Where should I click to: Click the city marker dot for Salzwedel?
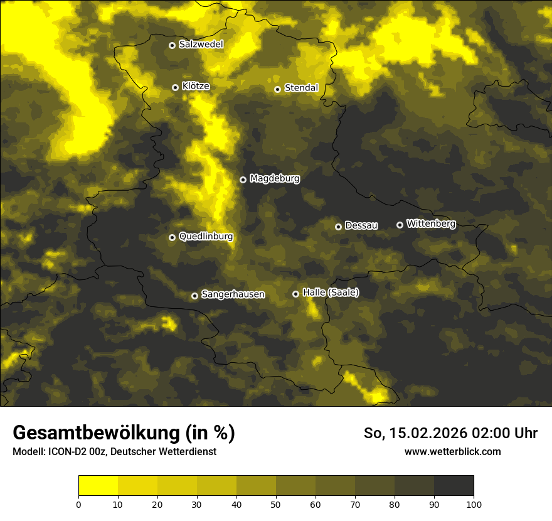(x=172, y=45)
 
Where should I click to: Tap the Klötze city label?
(x=195, y=86)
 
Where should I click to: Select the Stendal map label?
(x=301, y=88)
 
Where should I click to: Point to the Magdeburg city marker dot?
(x=243, y=180)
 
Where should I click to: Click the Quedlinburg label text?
(x=206, y=237)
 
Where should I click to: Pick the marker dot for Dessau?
(x=338, y=227)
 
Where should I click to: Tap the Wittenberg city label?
(x=431, y=223)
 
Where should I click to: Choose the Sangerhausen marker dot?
(x=194, y=296)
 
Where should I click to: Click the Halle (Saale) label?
(x=331, y=293)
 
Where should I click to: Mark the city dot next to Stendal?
(x=277, y=89)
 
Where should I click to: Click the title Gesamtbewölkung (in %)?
(x=124, y=433)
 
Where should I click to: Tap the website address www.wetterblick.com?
(x=452, y=451)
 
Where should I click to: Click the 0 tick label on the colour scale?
(x=78, y=504)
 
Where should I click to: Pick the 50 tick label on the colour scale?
(x=276, y=504)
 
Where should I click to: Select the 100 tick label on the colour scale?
(x=474, y=504)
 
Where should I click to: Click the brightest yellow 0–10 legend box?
(x=98, y=486)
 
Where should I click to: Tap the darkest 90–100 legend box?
(x=454, y=486)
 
